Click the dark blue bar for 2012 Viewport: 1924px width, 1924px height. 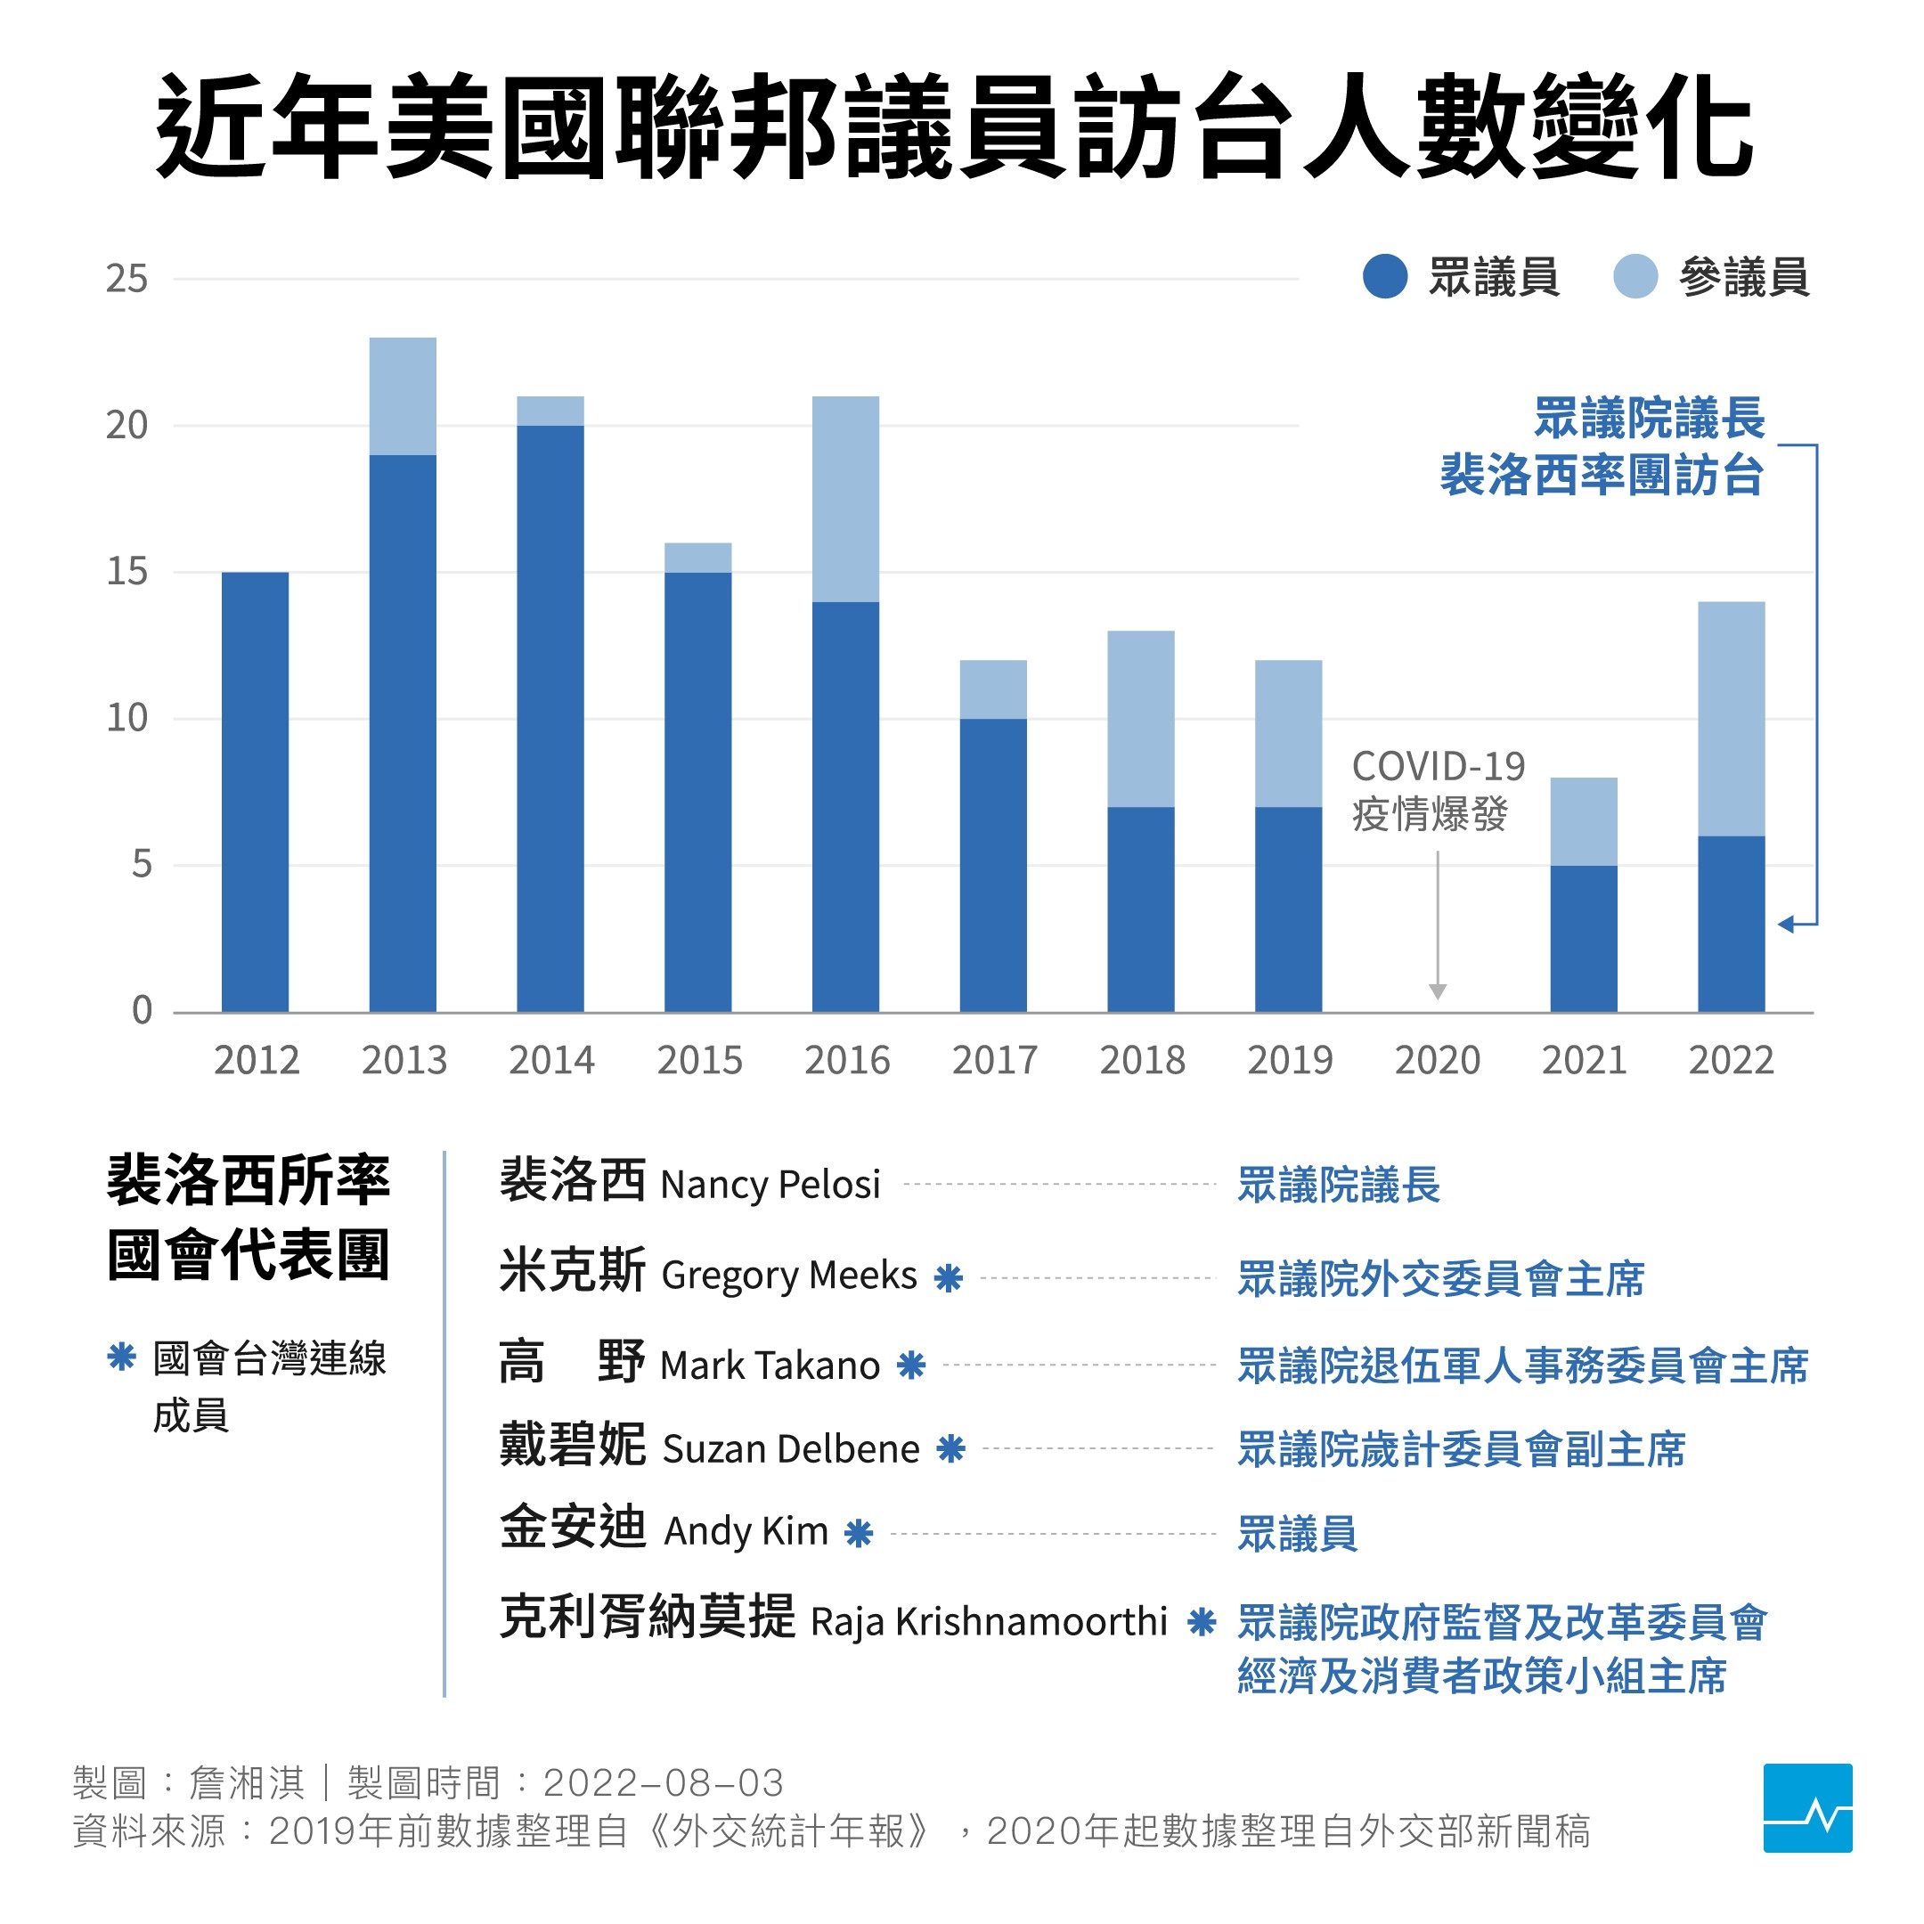[x=255, y=792]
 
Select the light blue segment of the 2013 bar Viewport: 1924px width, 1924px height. [x=403, y=395]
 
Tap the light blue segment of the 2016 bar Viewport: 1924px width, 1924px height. [x=845, y=498]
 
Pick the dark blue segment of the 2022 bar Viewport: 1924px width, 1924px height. [x=1731, y=925]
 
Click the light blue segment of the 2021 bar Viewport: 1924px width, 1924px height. [x=1584, y=820]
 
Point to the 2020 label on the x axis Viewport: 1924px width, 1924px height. [x=1437, y=1060]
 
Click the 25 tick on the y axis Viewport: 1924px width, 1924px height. [x=126, y=279]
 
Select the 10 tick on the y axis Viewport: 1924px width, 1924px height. [x=126, y=718]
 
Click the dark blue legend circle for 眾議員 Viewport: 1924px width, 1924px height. [x=1384, y=276]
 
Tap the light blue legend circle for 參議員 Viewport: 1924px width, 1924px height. [x=1635, y=276]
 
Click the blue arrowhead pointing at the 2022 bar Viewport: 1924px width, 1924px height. [x=1787, y=925]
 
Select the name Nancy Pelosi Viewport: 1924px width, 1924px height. [x=770, y=1185]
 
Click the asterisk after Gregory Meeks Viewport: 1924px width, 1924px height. [x=948, y=1277]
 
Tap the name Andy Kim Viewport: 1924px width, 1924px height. [x=746, y=1530]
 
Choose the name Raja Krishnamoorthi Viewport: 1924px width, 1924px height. [x=988, y=1621]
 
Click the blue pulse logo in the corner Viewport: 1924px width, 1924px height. [x=1806, y=1807]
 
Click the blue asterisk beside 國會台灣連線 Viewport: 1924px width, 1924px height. [x=121, y=1357]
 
